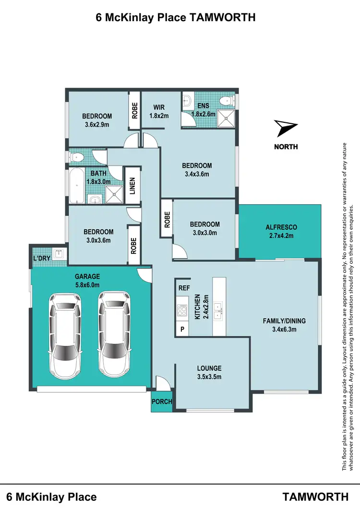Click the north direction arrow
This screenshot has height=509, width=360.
click(x=287, y=129)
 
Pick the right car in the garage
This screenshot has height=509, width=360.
click(x=115, y=333)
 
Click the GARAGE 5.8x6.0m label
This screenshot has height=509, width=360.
click(x=87, y=281)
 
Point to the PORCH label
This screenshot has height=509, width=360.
click(x=162, y=402)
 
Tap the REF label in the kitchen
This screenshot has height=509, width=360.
click(x=183, y=288)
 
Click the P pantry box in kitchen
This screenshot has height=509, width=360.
click(x=182, y=329)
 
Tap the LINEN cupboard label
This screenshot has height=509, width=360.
click(x=132, y=187)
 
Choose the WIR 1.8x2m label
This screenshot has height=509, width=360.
click(x=159, y=111)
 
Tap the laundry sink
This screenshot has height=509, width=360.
click(x=58, y=255)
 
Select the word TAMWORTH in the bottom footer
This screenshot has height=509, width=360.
click(x=315, y=497)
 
